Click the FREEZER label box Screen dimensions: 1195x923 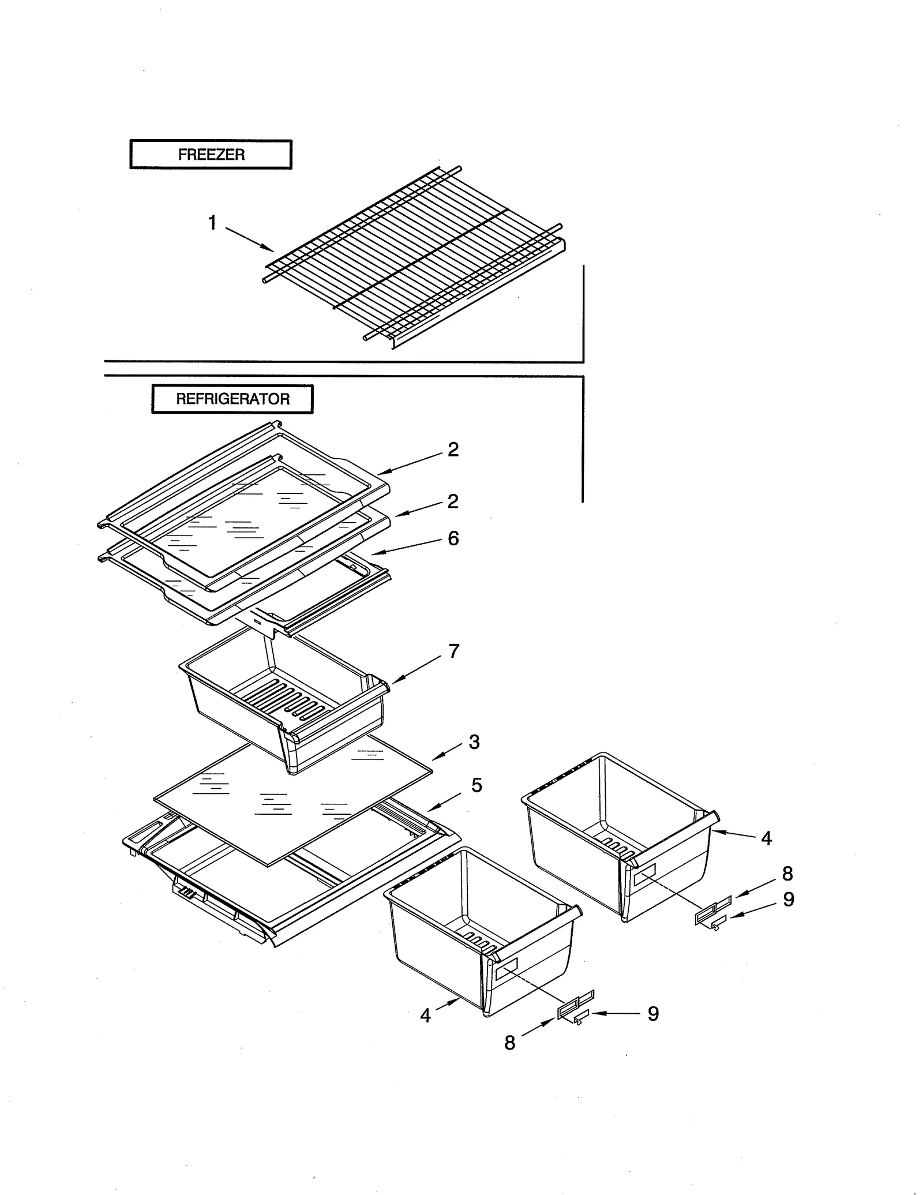(211, 154)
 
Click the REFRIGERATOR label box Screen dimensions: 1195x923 (232, 399)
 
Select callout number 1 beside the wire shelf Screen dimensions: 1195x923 (212, 222)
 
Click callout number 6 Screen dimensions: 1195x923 (453, 538)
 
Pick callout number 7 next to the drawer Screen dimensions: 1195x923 (454, 651)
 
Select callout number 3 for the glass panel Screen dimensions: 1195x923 (474, 742)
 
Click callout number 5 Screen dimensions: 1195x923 (476, 785)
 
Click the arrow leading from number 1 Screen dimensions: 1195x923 (249, 239)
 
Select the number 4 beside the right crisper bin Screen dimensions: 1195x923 (766, 838)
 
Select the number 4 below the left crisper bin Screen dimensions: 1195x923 (425, 1016)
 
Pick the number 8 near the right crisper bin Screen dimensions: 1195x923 (787, 874)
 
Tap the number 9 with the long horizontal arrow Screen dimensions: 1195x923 (653, 1014)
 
